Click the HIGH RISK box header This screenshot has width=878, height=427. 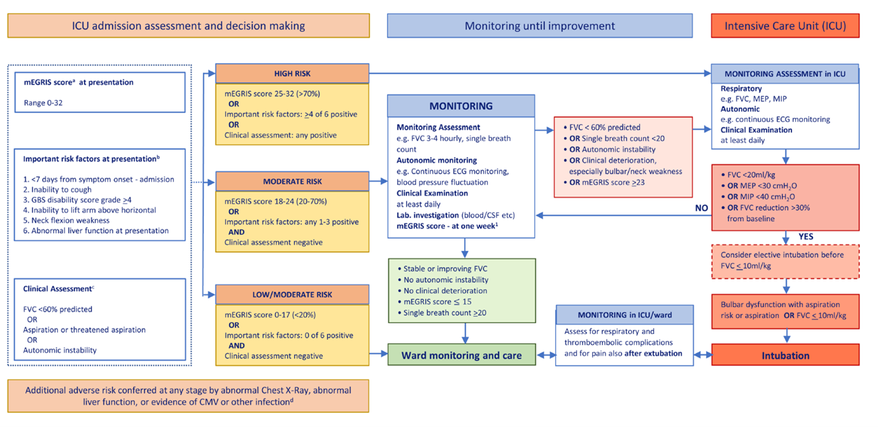292,74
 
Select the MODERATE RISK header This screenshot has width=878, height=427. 292,181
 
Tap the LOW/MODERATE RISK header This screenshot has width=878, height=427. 292,295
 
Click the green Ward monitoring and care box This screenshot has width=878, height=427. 462,356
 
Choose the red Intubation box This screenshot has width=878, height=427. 785,356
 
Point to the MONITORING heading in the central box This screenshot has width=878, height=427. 461,106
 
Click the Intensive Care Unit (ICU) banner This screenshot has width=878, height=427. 785,26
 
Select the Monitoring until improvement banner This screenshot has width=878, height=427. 539,26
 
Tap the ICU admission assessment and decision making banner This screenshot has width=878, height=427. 188,26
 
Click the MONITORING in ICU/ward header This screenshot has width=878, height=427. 623,315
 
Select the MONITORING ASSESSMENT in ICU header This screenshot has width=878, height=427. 785,74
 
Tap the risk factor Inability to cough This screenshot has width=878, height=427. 57,190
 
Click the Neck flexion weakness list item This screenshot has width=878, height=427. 66,220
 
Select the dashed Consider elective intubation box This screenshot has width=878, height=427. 785,260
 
